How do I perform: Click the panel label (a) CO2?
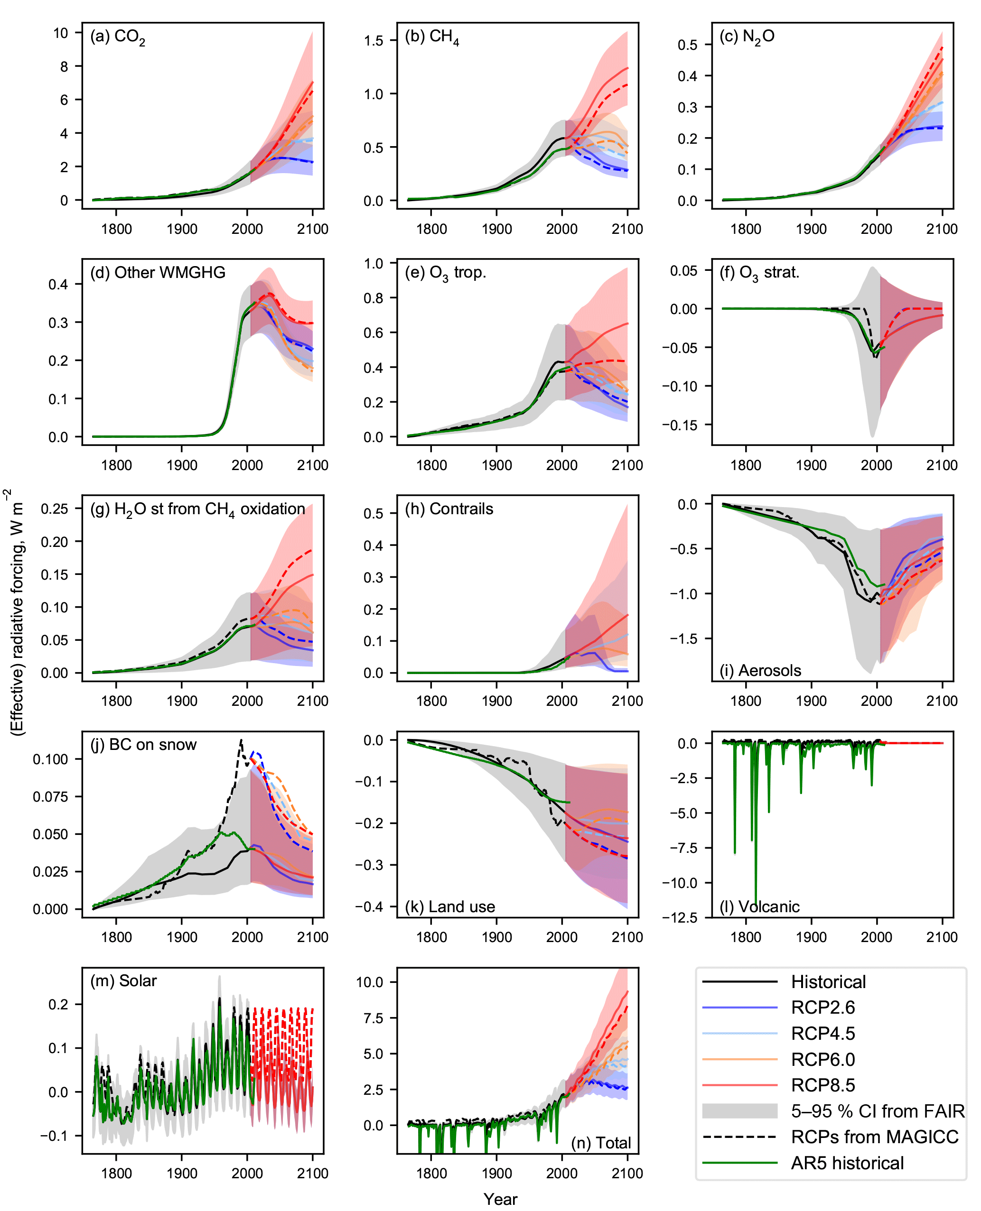pos(118,37)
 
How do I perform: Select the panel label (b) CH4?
pos(432,37)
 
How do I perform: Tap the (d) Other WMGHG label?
pos(158,273)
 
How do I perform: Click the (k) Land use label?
pos(450,906)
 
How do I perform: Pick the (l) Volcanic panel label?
pos(759,906)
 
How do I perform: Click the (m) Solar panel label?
pos(123,981)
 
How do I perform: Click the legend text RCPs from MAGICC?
pos(874,1137)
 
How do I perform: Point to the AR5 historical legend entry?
pos(847,1163)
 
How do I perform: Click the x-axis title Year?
pos(500,1199)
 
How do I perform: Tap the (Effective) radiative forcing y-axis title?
pos(17,612)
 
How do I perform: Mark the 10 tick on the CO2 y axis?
pos(60,33)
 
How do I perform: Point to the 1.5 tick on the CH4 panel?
pos(374,41)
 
